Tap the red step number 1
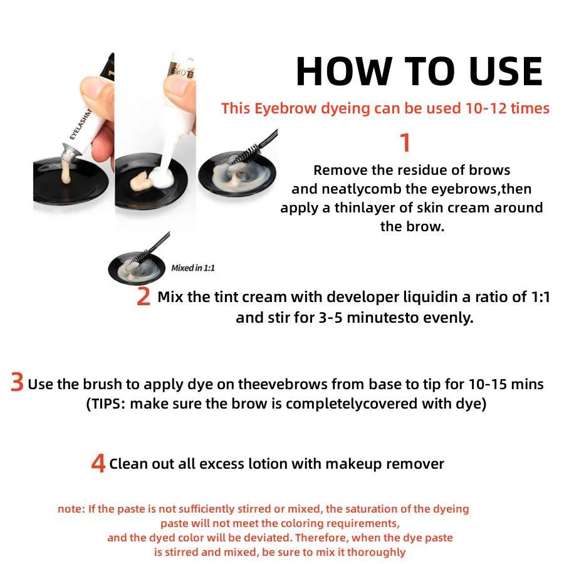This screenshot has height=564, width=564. [x=405, y=143]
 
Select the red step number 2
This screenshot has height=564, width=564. [x=144, y=297]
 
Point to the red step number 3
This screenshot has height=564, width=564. [x=17, y=383]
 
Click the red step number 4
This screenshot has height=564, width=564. [x=98, y=464]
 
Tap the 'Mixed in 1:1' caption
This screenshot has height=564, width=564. [x=193, y=268]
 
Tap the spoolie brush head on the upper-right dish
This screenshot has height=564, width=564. [x=241, y=154]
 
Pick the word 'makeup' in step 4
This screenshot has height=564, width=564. [x=353, y=464]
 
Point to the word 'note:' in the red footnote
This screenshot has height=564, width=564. [x=71, y=509]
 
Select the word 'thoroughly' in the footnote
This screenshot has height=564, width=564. [x=376, y=552]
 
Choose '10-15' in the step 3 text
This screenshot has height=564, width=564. [x=491, y=384]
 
